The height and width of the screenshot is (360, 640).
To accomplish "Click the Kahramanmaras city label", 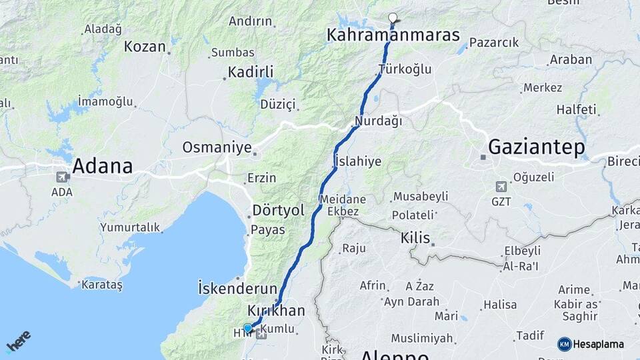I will coord(393,34).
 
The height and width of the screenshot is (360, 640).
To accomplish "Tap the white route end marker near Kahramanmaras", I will coord(393,18).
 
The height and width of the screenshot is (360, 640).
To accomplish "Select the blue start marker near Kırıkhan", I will coord(248,328).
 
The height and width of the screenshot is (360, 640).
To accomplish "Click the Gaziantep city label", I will coord(537,147).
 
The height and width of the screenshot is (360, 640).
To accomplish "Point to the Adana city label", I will coord(102,165).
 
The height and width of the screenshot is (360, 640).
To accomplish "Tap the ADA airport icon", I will coord(62,177).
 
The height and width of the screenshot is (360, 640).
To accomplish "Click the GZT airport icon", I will coord(501,186).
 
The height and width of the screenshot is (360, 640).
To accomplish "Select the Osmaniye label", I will coord(217,147).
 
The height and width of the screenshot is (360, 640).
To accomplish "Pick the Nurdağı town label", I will coord(379,121).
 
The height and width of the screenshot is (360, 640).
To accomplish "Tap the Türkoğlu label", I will coord(405,69).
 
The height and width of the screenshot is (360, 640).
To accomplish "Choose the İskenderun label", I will coord(237,289).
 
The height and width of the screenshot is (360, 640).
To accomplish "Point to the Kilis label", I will coord(415,238).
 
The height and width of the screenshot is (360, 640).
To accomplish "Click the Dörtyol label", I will coord(278,211).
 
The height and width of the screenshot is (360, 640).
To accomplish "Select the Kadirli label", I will coord(251,72).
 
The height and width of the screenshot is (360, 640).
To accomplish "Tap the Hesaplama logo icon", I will coord(565,344).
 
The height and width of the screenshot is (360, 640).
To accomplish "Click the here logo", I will coord(18,341).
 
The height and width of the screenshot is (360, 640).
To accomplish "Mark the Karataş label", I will coord(101,285).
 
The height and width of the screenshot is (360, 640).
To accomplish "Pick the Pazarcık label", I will coord(494,43).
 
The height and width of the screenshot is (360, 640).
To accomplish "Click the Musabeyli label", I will coord(420,197).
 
